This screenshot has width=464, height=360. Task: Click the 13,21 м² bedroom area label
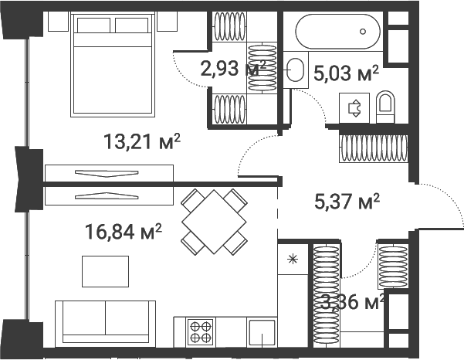coord(142,141)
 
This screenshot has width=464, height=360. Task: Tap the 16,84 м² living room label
coord(124,229)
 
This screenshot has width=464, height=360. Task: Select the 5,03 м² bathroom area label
coord(347,73)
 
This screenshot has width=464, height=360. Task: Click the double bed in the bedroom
coord(114,63)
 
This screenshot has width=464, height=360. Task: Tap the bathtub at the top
coord(337,32)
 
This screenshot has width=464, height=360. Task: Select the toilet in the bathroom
coord(386,106)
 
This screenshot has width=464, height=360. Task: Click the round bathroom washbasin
coord(295,70)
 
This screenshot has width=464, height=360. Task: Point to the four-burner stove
coord(202,331)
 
